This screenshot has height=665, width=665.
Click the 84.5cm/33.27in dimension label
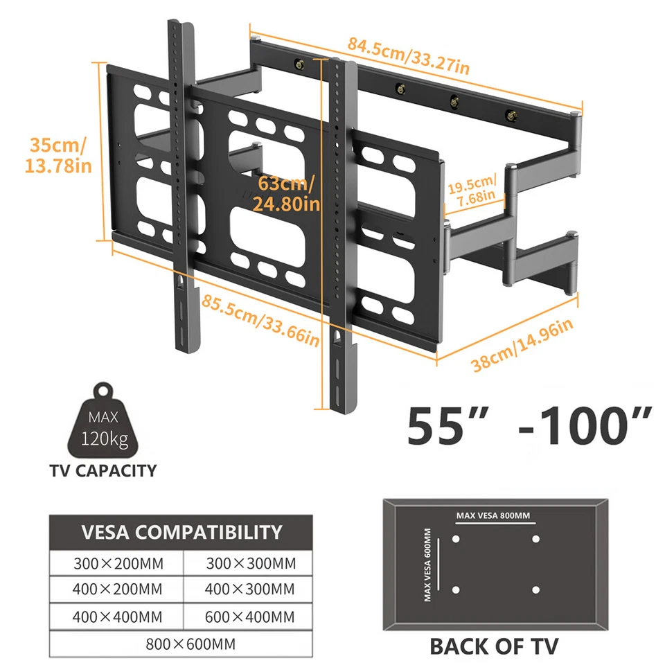pos(409,56)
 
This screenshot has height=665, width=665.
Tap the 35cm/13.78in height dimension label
pos(58,155)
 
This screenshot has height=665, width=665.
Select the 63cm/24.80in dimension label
pos(286,193)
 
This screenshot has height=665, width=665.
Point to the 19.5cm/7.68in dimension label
pos(472,190)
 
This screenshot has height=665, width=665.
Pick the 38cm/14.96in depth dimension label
pos(522,345)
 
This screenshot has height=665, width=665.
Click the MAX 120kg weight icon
pos(103,420)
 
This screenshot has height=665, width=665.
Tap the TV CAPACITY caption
pos(103,471)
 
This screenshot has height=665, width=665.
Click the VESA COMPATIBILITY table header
pos(181,532)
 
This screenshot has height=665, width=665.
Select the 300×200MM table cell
pos(118,564)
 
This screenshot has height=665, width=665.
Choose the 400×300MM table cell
pos(249,589)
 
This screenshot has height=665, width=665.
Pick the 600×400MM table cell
pos(249,617)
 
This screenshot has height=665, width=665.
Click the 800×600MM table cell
pos(190,644)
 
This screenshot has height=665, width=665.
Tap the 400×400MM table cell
pos(117,617)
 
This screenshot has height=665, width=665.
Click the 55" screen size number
pos(448,425)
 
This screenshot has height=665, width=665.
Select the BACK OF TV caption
pos(494,647)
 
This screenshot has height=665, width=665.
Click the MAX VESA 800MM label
pos(493,515)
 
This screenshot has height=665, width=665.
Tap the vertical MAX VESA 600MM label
pos(427,565)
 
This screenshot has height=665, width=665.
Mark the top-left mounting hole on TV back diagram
pos(456,539)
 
